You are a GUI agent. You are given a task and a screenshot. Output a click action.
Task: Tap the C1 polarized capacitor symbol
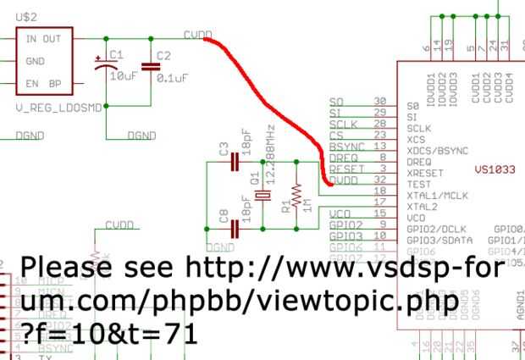[x=105, y=65]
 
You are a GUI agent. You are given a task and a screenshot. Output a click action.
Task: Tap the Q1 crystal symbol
[x=262, y=196]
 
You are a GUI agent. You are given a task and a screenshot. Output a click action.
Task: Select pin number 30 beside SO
[x=380, y=101]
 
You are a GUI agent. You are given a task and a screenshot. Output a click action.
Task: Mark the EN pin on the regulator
[x=33, y=83]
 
